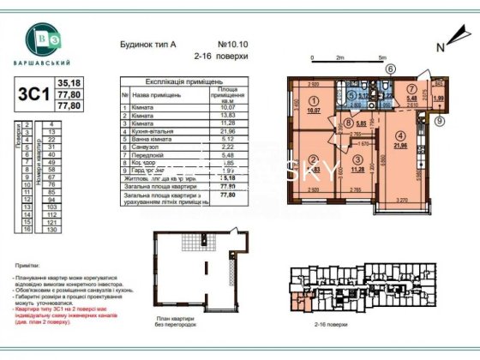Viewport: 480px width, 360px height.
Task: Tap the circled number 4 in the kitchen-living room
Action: [x=399, y=134]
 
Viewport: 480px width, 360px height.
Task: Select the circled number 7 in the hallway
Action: [x=411, y=88]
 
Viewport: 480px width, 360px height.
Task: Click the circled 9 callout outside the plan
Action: [x=440, y=121]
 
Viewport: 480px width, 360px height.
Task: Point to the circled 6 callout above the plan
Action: [x=390, y=69]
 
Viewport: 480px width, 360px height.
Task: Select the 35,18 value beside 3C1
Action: [x=68, y=82]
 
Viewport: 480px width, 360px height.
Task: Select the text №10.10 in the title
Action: [x=233, y=43]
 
